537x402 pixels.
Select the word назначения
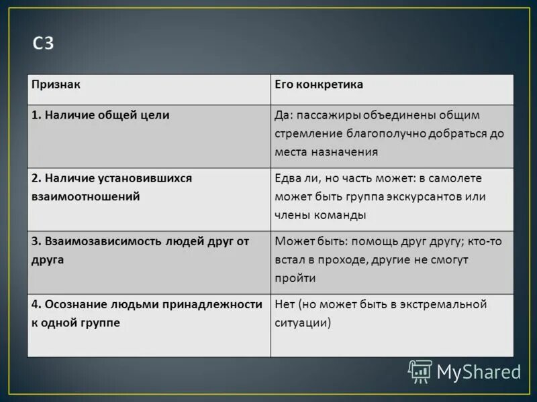(x=344, y=151)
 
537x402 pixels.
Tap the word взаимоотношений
(x=85, y=196)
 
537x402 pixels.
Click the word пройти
(x=295, y=277)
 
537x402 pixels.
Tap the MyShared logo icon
(x=420, y=371)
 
